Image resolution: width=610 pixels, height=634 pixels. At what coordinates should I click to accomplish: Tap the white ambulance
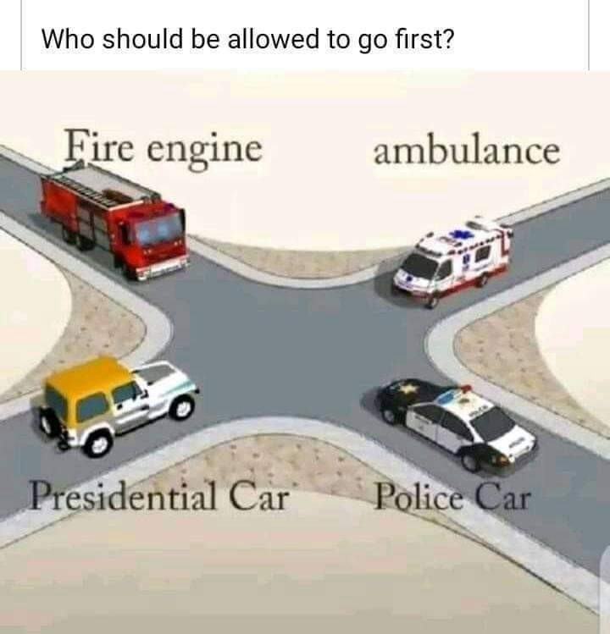click(x=452, y=261)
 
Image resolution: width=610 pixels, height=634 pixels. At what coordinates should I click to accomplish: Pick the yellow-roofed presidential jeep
click(x=117, y=405)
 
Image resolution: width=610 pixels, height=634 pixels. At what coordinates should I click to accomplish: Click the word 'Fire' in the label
click(x=99, y=146)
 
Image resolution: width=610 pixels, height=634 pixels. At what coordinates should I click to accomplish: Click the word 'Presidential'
click(x=124, y=495)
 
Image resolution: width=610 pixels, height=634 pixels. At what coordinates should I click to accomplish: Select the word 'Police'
click(x=419, y=496)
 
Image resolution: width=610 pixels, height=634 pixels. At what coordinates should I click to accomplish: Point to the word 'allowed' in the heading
click(x=273, y=39)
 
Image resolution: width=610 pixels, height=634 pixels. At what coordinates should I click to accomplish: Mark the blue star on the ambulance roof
click(x=458, y=234)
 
